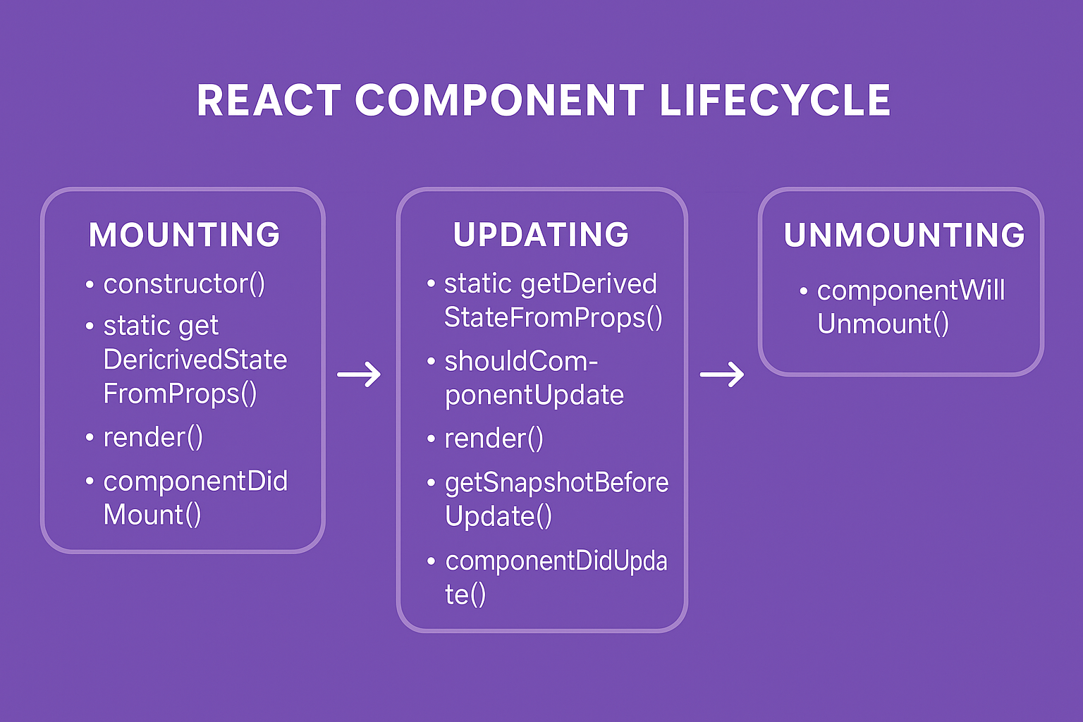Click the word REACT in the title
(x=269, y=101)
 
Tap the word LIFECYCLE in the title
(x=775, y=101)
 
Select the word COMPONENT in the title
(x=499, y=101)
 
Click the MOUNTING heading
(x=185, y=235)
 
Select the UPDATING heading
(x=541, y=235)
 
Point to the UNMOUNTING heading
(x=904, y=235)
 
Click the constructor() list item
(x=184, y=284)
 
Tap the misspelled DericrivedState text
(x=195, y=360)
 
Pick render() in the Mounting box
(x=153, y=438)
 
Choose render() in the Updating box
(x=494, y=439)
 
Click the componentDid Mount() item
(x=195, y=498)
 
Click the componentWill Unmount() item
(x=910, y=307)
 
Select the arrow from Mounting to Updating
(x=359, y=374)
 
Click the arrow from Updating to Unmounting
(x=721, y=374)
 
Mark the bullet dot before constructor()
(x=90, y=286)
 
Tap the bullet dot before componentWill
(x=803, y=291)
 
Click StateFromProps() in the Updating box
(x=553, y=318)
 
